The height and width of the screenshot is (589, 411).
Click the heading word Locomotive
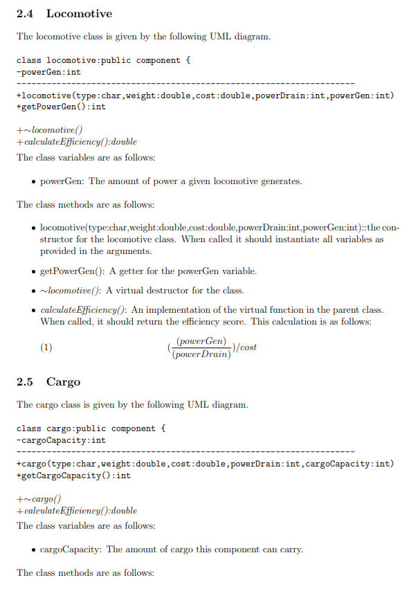[x=79, y=14]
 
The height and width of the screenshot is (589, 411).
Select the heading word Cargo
[x=63, y=382]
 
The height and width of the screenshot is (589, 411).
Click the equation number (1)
[x=46, y=347]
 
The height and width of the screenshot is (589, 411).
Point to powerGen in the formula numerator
[x=201, y=341]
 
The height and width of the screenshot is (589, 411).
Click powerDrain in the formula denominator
[x=201, y=354]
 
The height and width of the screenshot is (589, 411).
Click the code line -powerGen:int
[x=48, y=71]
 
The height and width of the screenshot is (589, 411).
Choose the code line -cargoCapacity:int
[x=61, y=440]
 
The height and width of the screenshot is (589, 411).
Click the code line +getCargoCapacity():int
[x=73, y=475]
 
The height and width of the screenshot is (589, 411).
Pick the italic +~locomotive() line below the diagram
[x=50, y=129]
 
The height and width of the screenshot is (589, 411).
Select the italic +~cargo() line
[x=39, y=498]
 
